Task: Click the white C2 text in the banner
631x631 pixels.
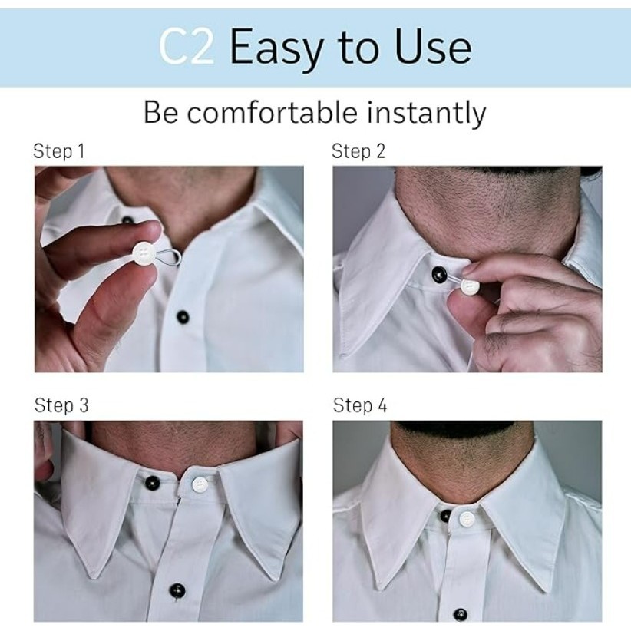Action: (187, 47)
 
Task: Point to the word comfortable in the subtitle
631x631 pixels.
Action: (272, 112)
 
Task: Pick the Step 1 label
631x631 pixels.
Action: (59, 151)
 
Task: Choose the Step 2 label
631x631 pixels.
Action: (358, 151)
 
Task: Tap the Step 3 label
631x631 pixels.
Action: (61, 405)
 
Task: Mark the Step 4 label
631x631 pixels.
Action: (360, 405)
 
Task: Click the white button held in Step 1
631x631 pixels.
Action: (144, 253)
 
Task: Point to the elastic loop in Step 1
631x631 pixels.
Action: (169, 256)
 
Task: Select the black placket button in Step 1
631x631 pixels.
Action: (183, 317)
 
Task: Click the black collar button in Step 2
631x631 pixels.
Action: (439, 273)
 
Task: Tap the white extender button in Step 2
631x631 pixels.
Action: (469, 286)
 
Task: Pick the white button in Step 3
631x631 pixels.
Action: (199, 484)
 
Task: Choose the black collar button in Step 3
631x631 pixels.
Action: (152, 482)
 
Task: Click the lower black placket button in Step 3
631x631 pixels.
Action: (177, 591)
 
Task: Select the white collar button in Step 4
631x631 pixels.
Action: (467, 519)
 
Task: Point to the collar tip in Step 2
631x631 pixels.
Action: (342, 355)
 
